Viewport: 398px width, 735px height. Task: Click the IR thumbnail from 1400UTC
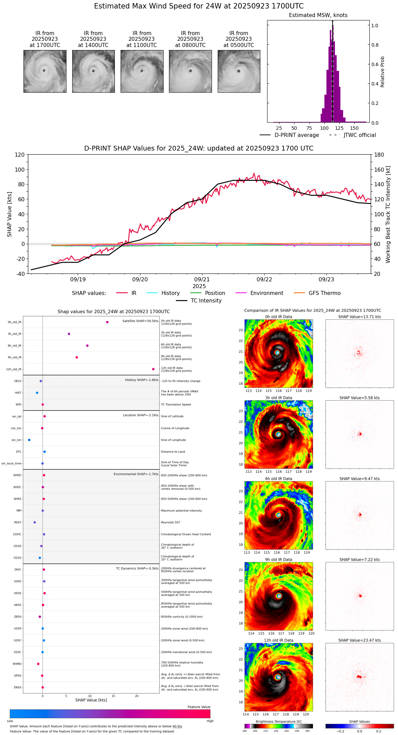(x=93, y=71)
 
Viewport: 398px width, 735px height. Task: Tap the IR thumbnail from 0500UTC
(x=239, y=71)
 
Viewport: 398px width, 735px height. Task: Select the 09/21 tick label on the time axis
(x=202, y=279)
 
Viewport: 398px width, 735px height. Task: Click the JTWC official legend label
(x=359, y=135)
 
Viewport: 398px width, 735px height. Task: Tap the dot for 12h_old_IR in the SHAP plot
(x=153, y=369)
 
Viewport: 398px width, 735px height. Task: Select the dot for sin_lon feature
(x=29, y=440)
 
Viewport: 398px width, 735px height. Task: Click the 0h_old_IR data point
(x=107, y=322)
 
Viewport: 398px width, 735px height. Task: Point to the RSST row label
(x=17, y=522)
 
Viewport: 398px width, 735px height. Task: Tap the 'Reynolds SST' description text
(x=170, y=522)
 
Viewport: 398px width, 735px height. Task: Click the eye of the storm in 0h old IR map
(x=277, y=353)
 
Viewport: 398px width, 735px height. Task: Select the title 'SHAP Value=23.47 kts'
(x=359, y=640)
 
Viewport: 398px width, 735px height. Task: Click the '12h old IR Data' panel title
(x=278, y=640)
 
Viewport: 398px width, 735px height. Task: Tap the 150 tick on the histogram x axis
(x=354, y=128)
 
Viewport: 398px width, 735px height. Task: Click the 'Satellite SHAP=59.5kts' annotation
(x=140, y=321)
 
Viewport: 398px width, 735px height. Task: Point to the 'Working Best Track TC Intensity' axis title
(x=388, y=215)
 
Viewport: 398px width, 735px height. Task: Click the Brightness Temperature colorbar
(x=278, y=726)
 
